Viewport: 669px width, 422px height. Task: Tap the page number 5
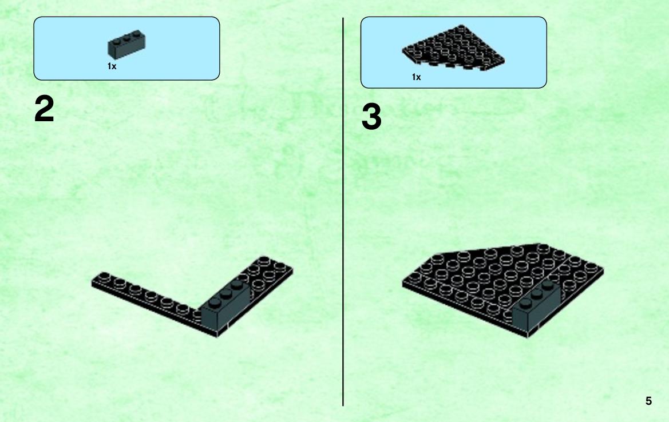648,401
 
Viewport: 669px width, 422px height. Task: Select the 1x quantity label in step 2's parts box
112,66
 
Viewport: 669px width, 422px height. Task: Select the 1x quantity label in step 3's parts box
417,77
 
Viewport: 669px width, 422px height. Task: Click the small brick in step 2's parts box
126,45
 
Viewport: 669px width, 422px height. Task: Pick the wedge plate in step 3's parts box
454,47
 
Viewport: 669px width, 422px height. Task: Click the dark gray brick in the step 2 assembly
226,305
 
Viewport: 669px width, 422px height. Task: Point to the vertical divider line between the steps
343,212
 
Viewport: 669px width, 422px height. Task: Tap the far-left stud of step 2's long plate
104,276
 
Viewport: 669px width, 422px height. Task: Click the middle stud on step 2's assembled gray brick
227,294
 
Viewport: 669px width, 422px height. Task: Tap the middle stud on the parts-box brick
126,37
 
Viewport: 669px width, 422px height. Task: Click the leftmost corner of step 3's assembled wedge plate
402,282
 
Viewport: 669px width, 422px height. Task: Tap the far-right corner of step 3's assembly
604,269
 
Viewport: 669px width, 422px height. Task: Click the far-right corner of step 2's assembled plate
293,269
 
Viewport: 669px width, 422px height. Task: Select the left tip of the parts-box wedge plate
402,51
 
